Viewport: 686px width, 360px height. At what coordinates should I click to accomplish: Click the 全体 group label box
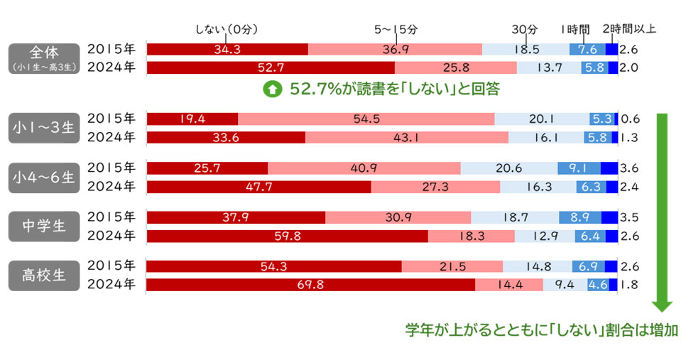(42, 58)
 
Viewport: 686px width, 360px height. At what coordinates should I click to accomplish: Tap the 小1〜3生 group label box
(42, 127)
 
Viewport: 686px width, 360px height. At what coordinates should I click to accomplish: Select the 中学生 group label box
(42, 226)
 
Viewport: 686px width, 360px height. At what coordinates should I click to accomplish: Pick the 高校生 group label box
(42, 276)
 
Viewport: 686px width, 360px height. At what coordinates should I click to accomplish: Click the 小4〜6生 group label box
(42, 177)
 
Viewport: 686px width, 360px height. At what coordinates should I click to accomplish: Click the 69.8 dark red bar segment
(310, 285)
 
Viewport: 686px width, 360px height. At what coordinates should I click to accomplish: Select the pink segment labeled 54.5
(366, 119)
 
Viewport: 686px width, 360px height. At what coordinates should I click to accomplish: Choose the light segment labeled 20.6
(509, 168)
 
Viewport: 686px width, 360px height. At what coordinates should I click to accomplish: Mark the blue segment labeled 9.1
(579, 168)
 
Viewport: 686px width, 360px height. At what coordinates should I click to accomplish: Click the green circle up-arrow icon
(271, 89)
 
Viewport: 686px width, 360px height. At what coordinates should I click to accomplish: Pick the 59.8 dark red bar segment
(287, 236)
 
